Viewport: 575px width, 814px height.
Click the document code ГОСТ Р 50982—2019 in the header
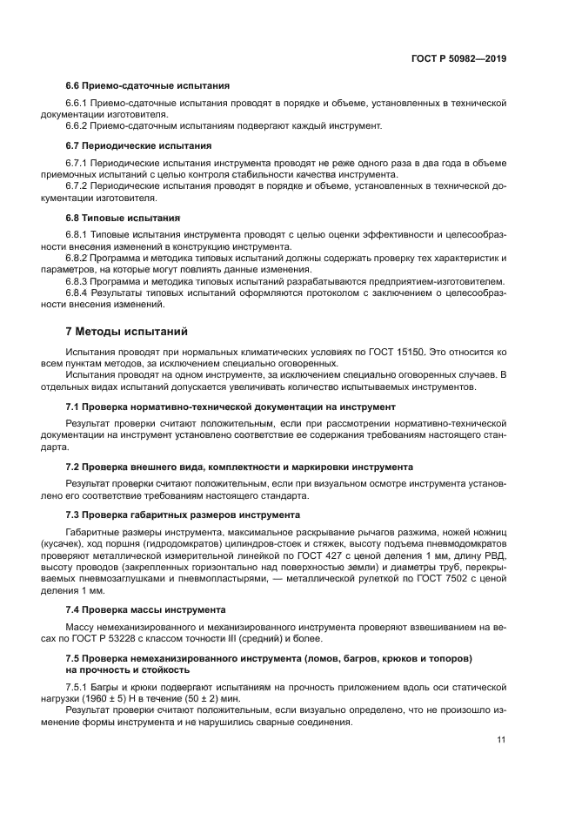[458, 58]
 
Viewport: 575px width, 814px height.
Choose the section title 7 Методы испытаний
[126, 331]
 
